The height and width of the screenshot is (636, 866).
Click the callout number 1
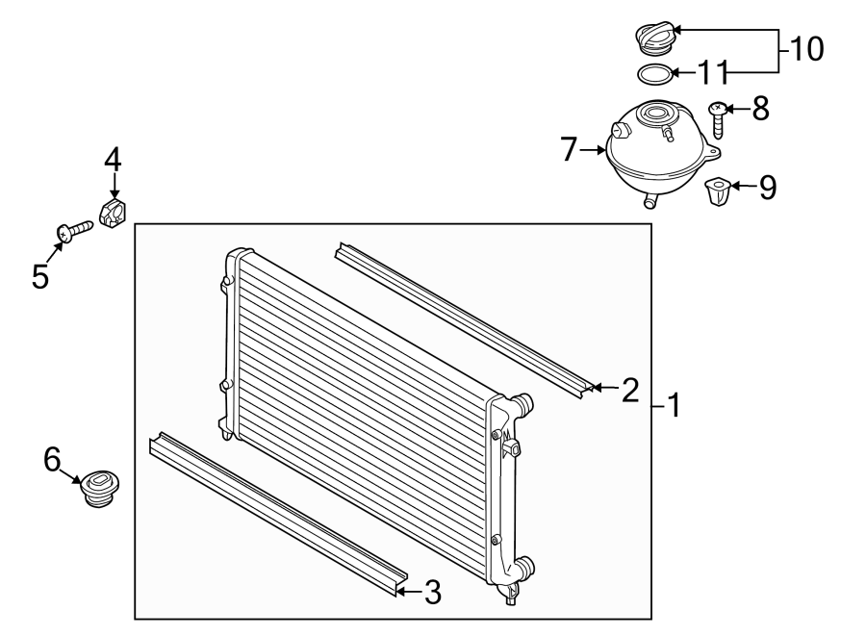[674, 406]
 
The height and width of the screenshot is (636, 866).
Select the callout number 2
[630, 390]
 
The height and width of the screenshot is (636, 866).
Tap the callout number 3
[432, 593]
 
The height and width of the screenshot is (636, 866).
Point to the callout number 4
[113, 159]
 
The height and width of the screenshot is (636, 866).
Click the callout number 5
[39, 276]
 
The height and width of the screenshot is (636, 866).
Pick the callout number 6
[52, 460]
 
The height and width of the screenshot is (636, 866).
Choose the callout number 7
[569, 149]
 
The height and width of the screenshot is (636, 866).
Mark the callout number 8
[760, 109]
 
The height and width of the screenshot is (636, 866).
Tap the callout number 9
[766, 187]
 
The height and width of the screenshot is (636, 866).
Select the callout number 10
[807, 48]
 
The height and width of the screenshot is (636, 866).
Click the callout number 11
[714, 72]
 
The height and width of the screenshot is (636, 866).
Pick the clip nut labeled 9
[718, 191]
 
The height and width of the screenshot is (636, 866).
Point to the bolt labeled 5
[71, 230]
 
